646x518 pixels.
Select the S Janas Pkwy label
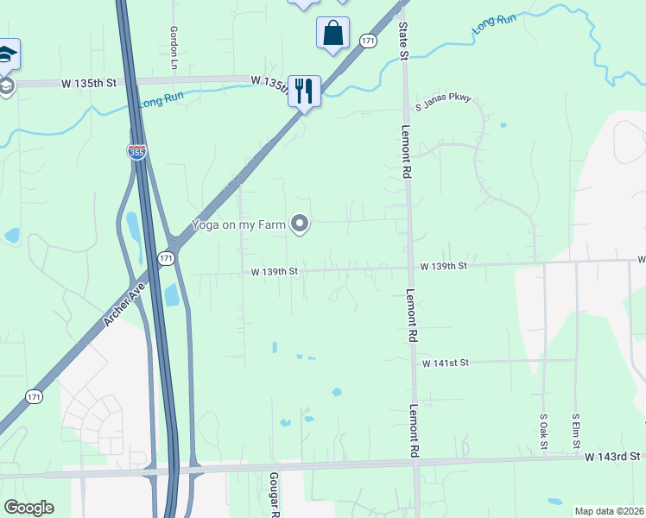444,99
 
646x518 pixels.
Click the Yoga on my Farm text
238,225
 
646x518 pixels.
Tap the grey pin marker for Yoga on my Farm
300,224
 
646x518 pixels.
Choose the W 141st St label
445,364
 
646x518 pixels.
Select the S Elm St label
576,431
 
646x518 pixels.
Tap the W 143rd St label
611,456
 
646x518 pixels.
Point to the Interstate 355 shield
136,152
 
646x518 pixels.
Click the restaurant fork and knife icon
303,90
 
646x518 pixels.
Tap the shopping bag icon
332,34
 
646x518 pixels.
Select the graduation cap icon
7,54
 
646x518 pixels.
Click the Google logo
28,508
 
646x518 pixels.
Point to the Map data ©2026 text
609,511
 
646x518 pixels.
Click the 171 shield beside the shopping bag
369,41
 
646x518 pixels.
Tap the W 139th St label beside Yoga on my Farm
275,272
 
